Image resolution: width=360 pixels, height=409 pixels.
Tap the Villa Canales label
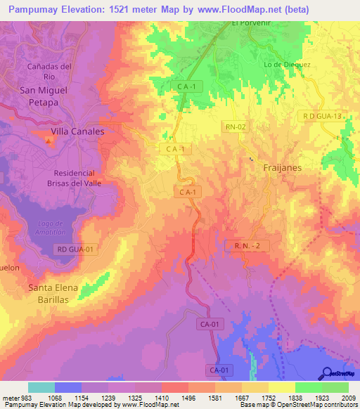click(77, 131)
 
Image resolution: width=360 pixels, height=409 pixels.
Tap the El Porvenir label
click(251, 22)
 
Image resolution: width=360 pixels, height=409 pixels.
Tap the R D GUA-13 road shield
click(323, 116)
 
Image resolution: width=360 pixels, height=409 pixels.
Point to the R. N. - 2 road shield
click(243, 245)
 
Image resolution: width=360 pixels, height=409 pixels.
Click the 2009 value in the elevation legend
click(345, 398)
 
